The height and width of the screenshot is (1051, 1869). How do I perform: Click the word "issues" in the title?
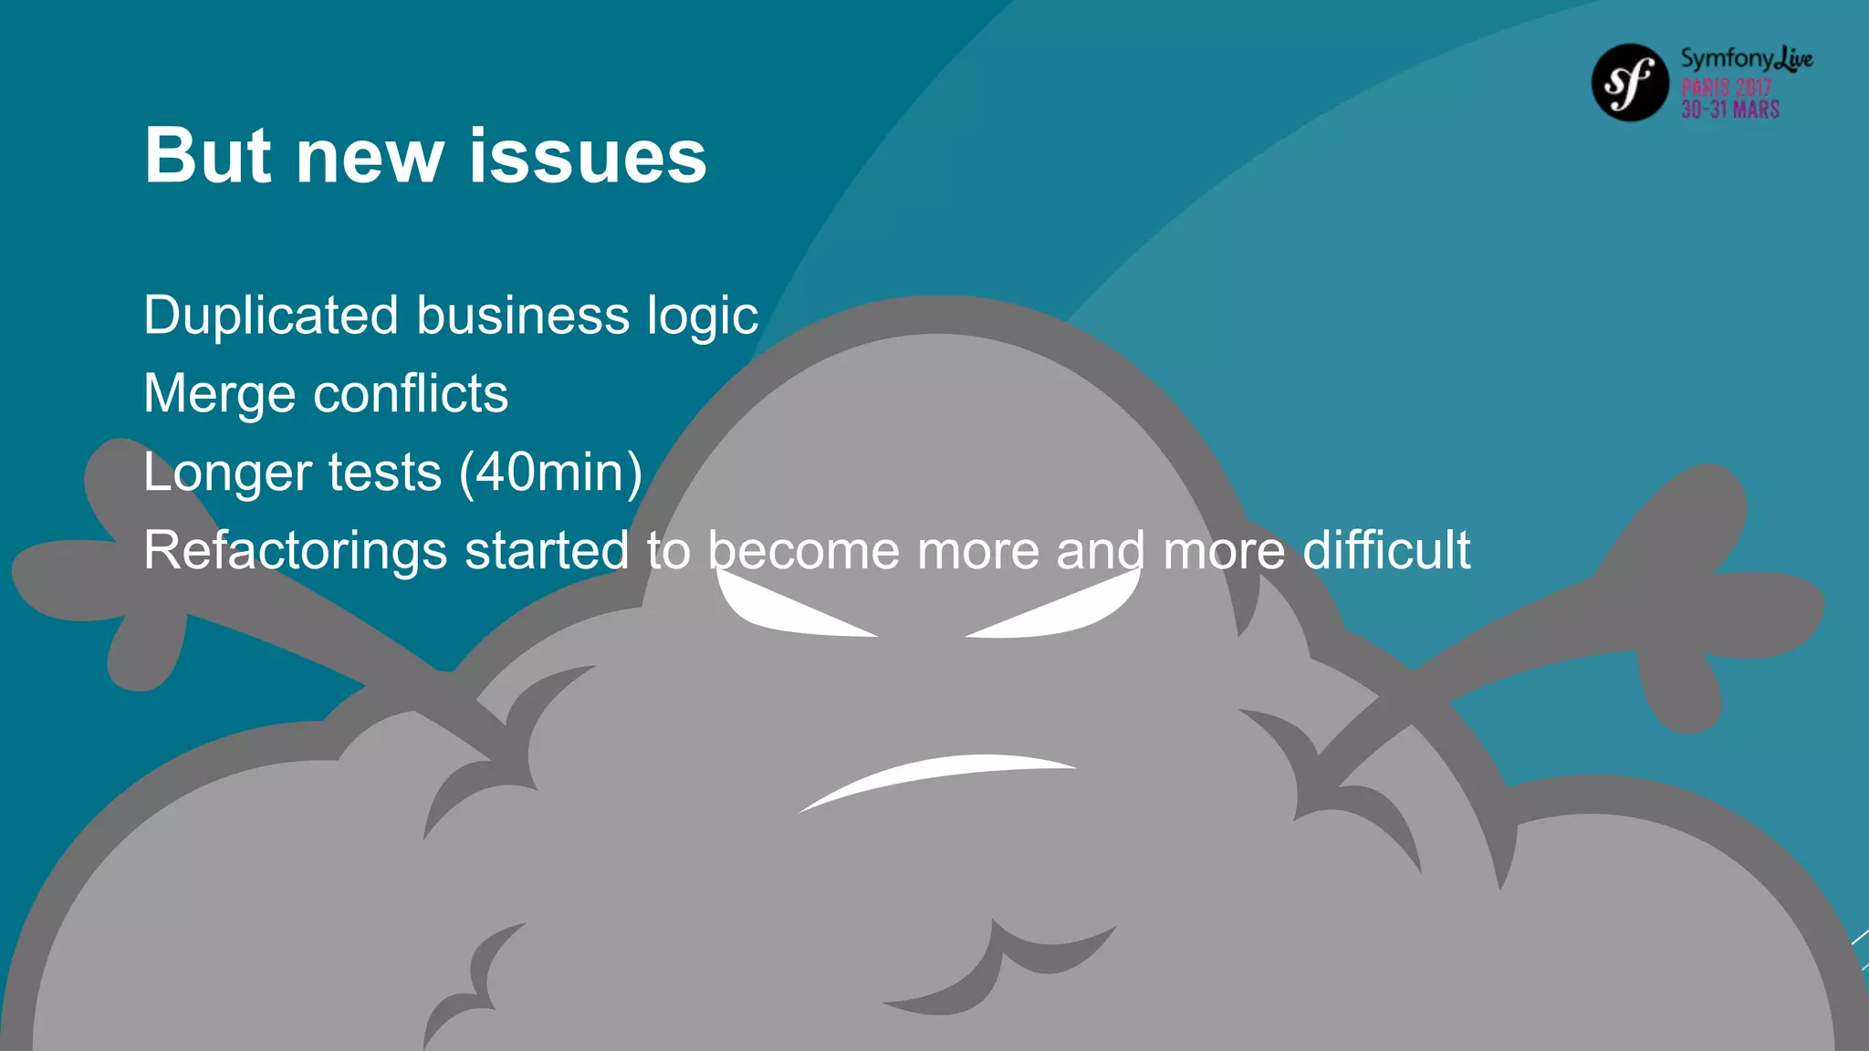pyautogui.click(x=588, y=156)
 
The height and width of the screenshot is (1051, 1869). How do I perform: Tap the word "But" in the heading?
pyautogui.click(x=208, y=156)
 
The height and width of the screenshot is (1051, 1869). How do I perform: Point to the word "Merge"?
pyautogui.click(x=220, y=394)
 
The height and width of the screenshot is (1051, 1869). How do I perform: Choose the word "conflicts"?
pyautogui.click(x=411, y=394)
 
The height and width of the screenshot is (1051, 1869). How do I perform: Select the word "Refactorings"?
pyautogui.click(x=295, y=552)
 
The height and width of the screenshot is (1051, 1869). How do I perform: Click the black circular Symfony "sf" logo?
pyautogui.click(x=1630, y=83)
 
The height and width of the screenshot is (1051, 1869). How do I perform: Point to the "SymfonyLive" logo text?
pyautogui.click(x=1746, y=59)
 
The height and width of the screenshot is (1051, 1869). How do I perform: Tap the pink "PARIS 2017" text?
pyautogui.click(x=1726, y=88)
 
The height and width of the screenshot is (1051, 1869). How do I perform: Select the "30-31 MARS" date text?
pyautogui.click(x=1730, y=109)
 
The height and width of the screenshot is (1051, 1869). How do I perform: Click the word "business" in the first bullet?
pyautogui.click(x=523, y=316)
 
